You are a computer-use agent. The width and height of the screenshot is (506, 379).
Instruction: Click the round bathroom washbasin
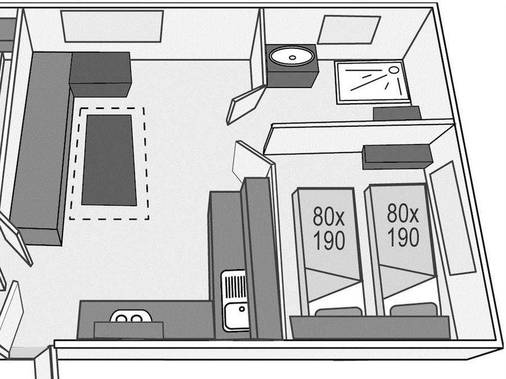click(292, 56)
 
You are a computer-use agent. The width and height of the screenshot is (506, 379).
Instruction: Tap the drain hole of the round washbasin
click(292, 58)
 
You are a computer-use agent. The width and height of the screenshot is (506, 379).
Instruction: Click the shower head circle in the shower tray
click(394, 70)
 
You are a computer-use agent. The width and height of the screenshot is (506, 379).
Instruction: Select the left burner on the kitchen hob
click(121, 319)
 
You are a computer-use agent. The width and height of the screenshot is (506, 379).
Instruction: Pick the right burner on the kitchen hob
click(136, 319)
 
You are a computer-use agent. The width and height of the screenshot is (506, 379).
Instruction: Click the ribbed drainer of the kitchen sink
click(234, 285)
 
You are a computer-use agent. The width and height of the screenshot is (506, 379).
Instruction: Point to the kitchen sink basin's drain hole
click(242, 309)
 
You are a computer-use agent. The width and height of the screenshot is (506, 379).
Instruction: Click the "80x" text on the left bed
click(328, 216)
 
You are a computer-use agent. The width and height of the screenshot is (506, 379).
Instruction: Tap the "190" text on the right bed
click(403, 237)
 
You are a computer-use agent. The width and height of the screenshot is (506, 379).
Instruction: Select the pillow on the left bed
click(338, 312)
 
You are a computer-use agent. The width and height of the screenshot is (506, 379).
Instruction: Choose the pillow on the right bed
click(414, 309)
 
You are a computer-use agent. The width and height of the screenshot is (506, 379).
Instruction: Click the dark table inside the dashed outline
click(109, 160)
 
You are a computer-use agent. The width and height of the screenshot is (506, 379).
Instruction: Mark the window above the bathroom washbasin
click(349, 30)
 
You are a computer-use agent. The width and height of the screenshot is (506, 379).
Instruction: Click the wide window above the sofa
click(112, 26)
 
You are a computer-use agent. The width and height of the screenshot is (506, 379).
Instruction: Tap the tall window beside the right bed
click(453, 218)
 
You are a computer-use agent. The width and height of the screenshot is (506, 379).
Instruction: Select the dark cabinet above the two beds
click(397, 157)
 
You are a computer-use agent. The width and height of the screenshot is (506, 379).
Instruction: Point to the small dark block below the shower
click(397, 113)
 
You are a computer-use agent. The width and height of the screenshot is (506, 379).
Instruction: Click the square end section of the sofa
click(100, 74)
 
